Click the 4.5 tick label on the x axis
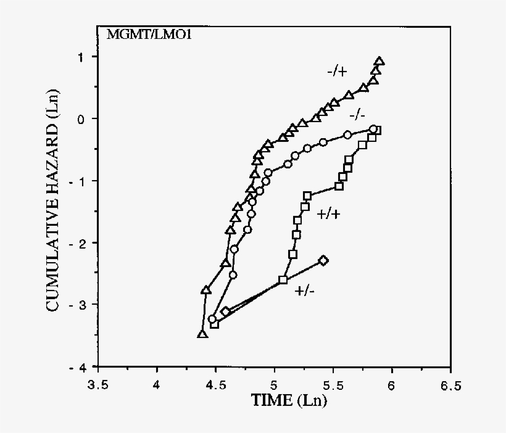tap(215, 386)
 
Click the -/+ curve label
tap(337, 72)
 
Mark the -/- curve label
tap(357, 115)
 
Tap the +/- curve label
tap(305, 291)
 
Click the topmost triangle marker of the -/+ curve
tap(379, 61)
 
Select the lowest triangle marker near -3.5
tap(202, 334)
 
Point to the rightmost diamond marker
tap(323, 260)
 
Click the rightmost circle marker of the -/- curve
tap(373, 129)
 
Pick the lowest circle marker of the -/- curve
tap(212, 319)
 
